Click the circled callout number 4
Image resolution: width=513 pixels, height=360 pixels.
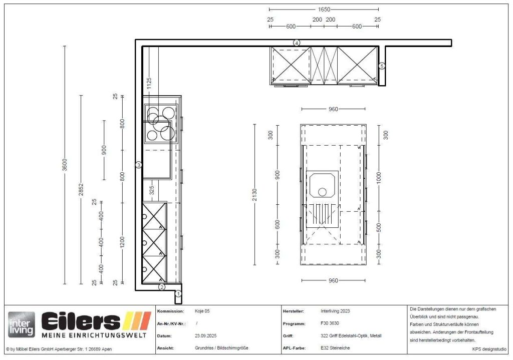tap(297, 43)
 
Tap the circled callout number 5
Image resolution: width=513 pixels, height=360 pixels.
tap(382, 66)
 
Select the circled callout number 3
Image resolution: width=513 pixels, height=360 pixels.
tap(139, 165)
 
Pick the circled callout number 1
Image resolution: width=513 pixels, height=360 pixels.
tap(178, 293)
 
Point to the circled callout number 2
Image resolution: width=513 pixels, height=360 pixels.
tap(162, 287)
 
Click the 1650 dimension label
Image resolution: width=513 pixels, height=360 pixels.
tap(324, 10)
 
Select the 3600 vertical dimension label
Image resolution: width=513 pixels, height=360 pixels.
tap(65, 164)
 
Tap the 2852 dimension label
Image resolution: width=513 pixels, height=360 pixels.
tap(81, 190)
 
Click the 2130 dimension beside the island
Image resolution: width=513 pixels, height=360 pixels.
tap(255, 195)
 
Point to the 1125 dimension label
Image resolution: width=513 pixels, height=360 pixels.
tap(149, 84)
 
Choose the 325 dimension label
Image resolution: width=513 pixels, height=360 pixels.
tap(152, 190)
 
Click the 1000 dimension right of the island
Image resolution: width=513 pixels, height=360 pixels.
tap(379, 178)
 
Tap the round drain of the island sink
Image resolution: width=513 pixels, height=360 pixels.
tap(322, 192)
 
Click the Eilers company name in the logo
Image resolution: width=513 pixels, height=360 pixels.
tap(81, 321)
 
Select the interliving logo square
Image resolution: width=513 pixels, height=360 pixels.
tap(22, 324)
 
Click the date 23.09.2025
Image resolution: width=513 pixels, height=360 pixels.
tap(206, 336)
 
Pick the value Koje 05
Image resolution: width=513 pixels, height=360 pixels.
tap(202, 311)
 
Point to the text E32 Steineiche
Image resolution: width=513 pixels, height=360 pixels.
tap(335, 348)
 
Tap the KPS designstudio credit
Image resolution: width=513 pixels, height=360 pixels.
tap(489, 349)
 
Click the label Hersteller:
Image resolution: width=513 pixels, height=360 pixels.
tap(294, 311)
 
